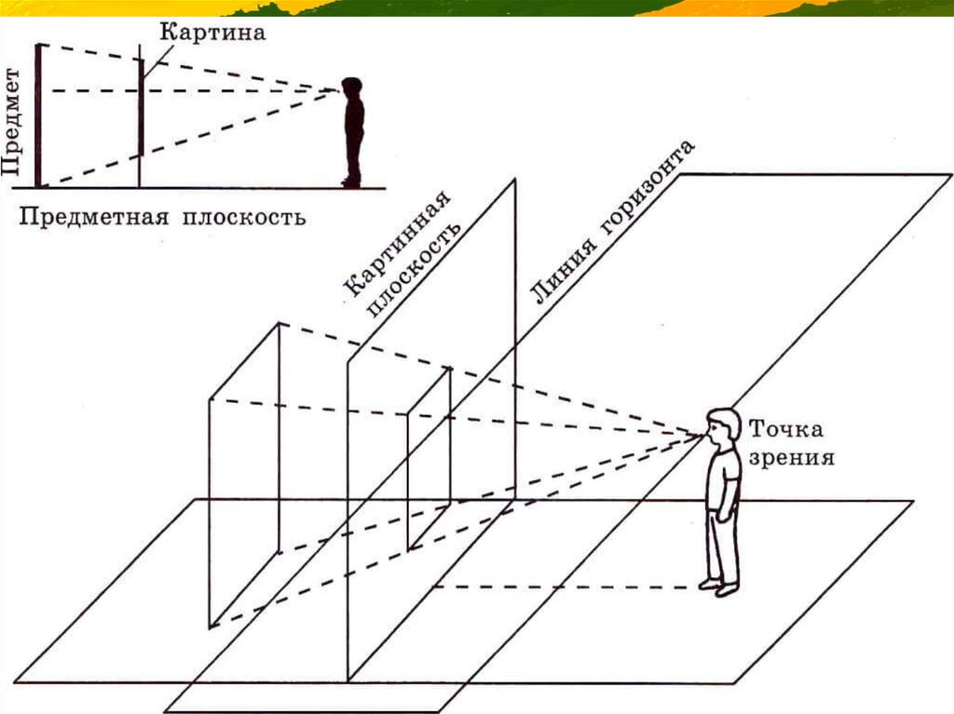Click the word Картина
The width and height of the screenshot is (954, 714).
pyautogui.click(x=213, y=33)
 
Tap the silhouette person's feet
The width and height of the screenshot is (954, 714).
pyautogui.click(x=350, y=182)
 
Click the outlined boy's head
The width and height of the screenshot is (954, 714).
pyautogui.click(x=721, y=425)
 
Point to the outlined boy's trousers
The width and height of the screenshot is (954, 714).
pyautogui.click(x=722, y=545)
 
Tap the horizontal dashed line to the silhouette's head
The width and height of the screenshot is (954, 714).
pyautogui.click(x=233, y=90)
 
